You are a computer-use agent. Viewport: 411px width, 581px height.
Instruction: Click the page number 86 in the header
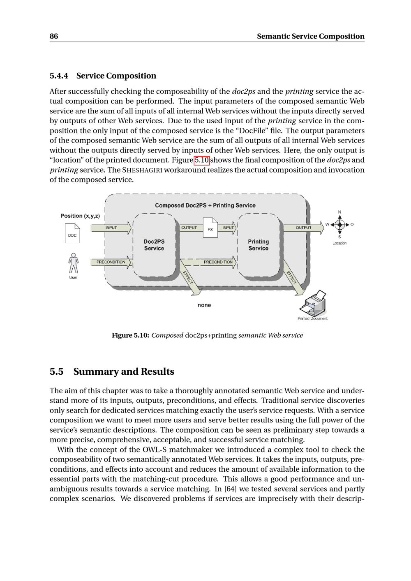(x=54, y=36)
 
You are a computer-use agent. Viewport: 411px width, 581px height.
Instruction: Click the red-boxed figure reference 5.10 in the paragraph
(x=201, y=160)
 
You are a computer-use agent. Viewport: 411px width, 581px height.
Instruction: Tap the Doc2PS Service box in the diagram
(x=154, y=245)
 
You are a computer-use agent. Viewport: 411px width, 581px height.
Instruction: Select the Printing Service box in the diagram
(x=258, y=245)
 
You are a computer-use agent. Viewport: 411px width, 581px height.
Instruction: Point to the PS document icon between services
(x=210, y=228)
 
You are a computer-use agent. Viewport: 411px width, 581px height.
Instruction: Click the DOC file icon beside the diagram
(x=72, y=233)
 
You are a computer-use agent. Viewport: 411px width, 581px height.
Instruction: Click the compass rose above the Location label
(x=339, y=224)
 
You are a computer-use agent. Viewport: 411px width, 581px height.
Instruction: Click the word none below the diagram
(x=204, y=305)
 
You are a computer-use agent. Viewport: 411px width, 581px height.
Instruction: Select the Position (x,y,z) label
(x=80, y=216)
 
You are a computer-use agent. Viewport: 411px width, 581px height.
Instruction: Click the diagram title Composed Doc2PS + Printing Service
(x=205, y=205)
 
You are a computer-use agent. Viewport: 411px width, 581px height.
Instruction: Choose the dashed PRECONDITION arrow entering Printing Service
(x=210, y=262)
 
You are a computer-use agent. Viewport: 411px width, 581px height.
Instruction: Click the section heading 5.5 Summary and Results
(x=112, y=371)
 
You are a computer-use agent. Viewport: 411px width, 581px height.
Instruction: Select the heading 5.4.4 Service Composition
(x=103, y=76)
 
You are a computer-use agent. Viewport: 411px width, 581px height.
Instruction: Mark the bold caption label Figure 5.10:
(x=130, y=335)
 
